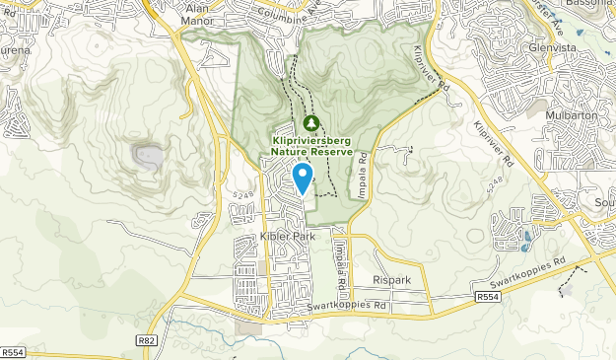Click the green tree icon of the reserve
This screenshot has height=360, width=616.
pyautogui.click(x=311, y=123)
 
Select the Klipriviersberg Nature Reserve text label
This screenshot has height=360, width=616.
pyautogui.click(x=311, y=147)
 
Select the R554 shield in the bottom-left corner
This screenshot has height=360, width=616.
pyautogui.click(x=13, y=352)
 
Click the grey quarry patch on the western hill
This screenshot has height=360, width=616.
pyautogui.click(x=148, y=155)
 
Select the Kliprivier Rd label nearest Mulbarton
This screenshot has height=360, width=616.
pyautogui.click(x=494, y=142)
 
